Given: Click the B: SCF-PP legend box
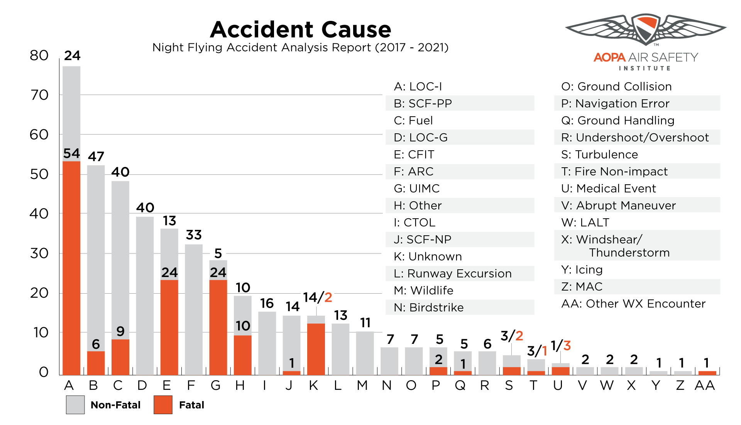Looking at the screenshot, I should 459,103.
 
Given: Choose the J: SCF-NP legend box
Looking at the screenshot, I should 459,239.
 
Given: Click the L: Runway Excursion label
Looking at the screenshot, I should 459,273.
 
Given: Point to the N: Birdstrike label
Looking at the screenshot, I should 459,307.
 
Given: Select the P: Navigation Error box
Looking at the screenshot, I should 637,103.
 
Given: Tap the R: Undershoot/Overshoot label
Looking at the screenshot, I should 637,137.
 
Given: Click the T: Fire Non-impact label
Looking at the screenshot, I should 637,171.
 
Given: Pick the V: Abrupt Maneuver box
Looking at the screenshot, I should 637,205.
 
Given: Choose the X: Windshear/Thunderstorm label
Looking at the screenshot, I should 637,245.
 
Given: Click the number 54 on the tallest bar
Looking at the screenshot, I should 71,153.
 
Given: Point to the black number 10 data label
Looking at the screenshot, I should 243,326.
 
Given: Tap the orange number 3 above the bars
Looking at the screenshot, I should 567,345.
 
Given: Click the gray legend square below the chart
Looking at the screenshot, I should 75,405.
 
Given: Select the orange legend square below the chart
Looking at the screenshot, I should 163,405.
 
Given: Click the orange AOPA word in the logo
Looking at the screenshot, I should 609,58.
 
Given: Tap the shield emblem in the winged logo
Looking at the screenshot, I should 646,29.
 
